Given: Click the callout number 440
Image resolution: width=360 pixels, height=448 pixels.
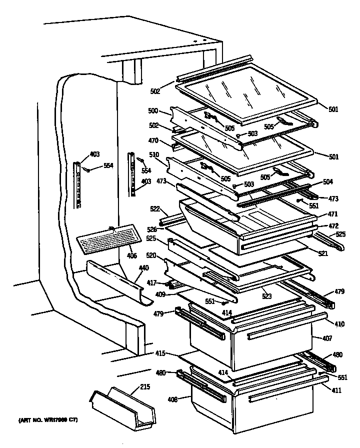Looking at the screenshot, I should point(143,268).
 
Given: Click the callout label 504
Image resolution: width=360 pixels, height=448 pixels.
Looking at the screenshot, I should point(328,182).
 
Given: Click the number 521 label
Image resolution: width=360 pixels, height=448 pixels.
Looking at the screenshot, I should point(322,254).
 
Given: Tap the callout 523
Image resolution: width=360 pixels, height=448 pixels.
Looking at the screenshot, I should point(267,296).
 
